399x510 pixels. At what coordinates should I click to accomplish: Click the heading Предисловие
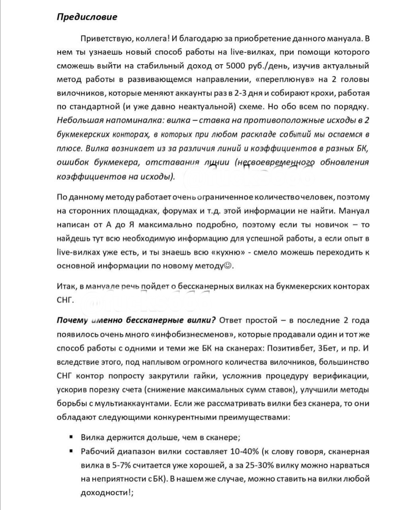coord(87,17)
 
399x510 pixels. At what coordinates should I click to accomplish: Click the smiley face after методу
coord(228,266)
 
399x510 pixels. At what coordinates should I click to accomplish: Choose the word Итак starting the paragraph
coord(66,286)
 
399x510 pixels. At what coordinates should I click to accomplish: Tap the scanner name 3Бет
coord(327,348)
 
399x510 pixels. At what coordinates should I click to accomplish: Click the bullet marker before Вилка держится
coord(71,437)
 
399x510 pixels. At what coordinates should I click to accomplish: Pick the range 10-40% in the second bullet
coord(244,451)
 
